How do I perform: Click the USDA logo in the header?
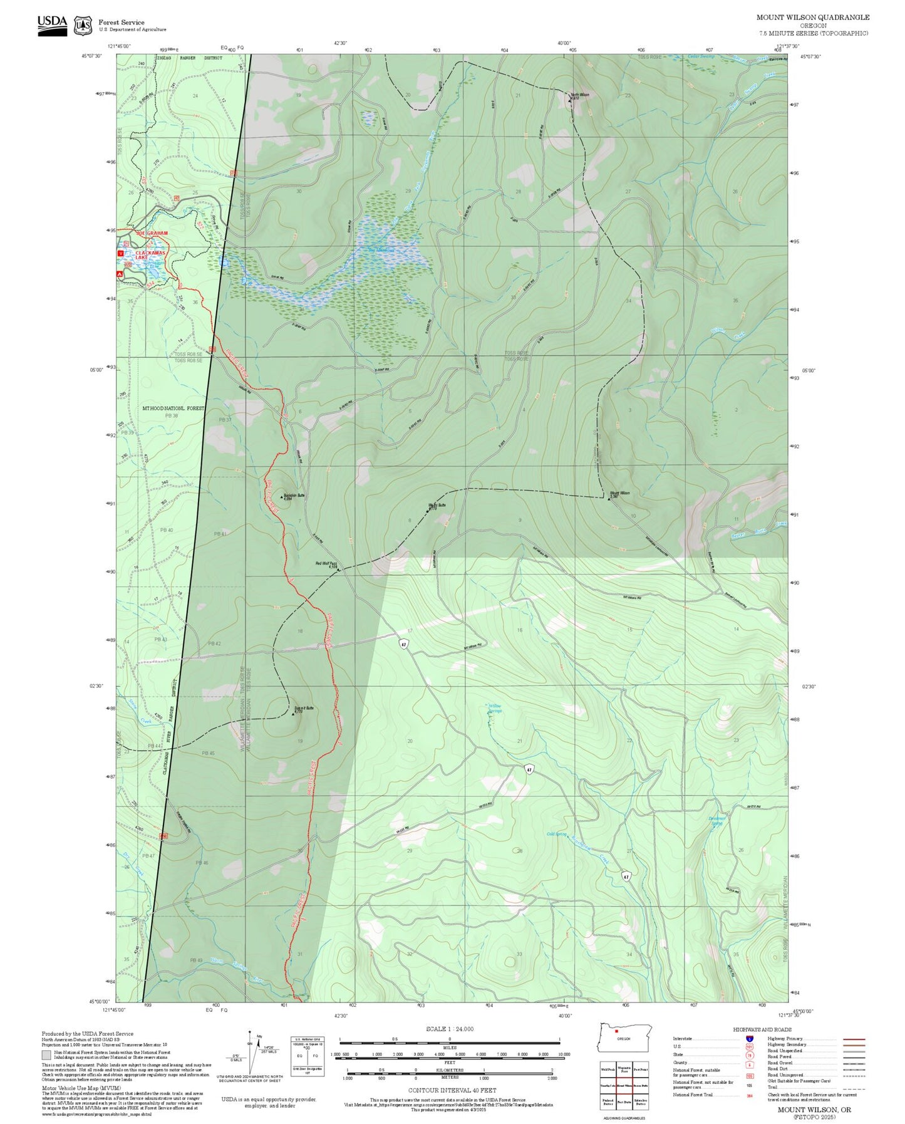52,25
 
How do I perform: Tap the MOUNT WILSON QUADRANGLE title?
812,18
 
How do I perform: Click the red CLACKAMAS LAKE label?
150,255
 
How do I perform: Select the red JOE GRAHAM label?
152,233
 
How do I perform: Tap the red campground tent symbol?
120,274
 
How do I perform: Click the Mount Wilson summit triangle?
609,499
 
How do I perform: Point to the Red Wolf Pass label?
326,564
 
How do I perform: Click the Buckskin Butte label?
294,496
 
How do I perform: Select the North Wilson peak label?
580,95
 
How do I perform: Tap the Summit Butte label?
304,709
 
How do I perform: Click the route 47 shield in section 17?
405,644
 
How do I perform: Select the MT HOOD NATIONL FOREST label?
173,408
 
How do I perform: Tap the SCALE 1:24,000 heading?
449,1029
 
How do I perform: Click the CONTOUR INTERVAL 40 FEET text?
449,1090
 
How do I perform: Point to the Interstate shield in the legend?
749,1039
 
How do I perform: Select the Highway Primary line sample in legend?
854,1039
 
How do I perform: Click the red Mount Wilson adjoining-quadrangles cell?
624,1085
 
